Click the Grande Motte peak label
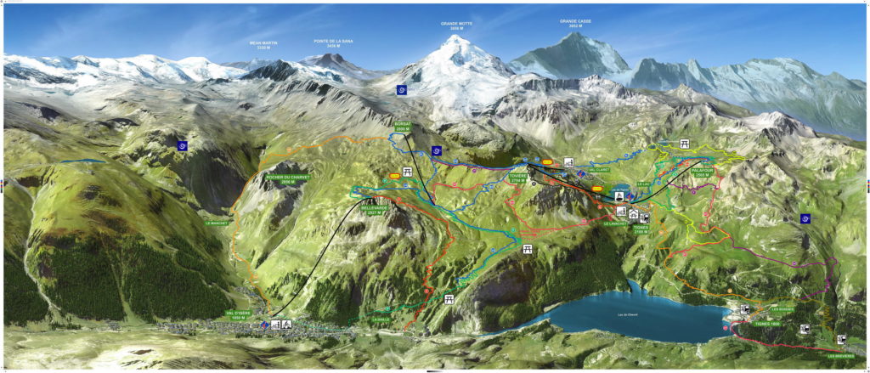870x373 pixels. [x=456, y=26]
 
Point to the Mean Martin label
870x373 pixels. [x=263, y=44]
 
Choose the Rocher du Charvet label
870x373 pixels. [x=287, y=178]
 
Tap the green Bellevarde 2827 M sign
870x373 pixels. [x=374, y=208]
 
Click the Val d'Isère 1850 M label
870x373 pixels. [x=241, y=316]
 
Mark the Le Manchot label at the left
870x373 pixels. [x=219, y=223]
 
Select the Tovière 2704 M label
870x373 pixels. [x=518, y=178]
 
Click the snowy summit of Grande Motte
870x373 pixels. [x=459, y=39]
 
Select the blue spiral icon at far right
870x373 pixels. [x=805, y=218]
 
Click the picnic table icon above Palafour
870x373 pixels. [x=684, y=144]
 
